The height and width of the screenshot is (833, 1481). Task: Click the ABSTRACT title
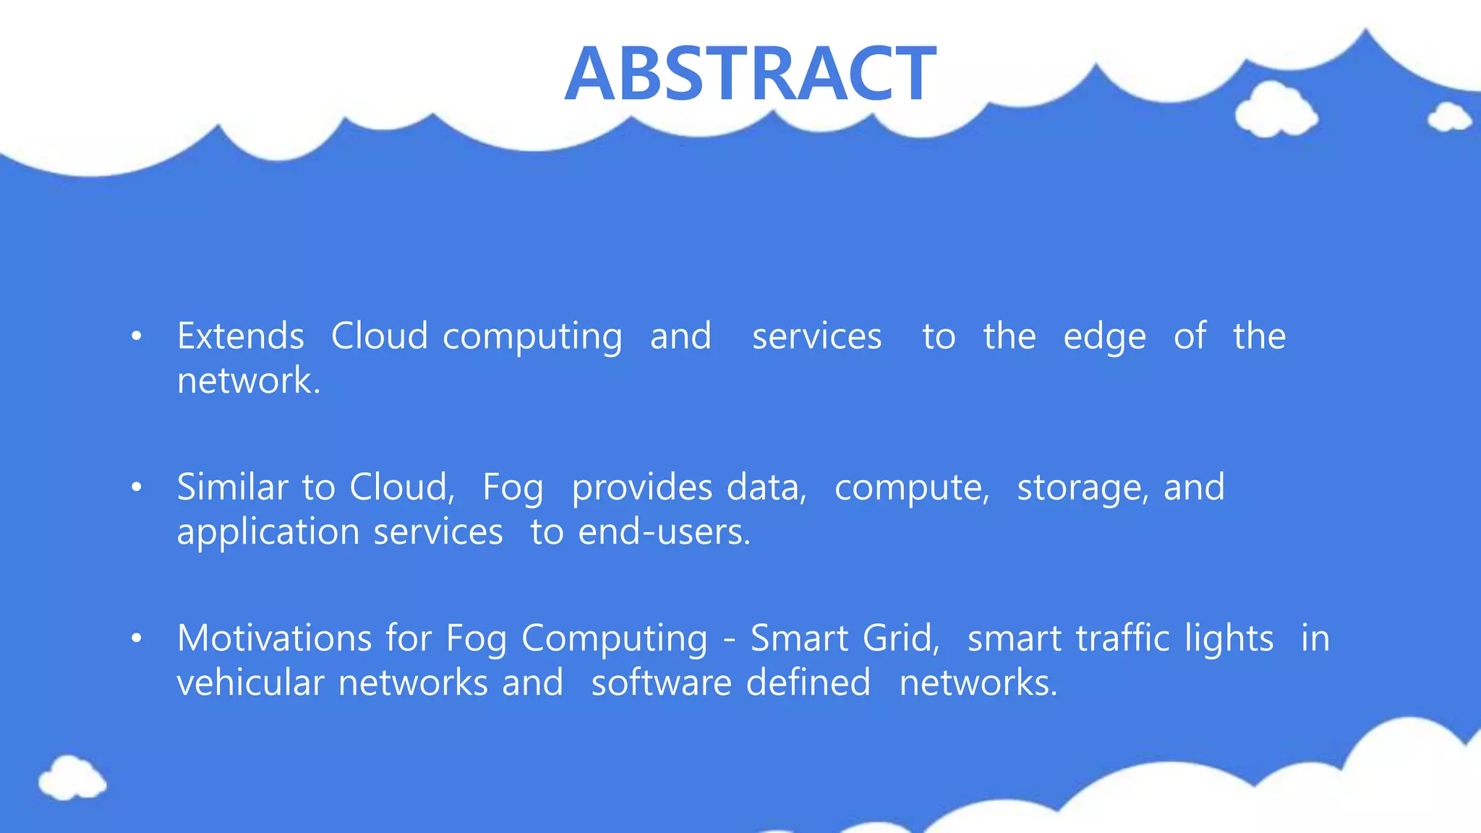750,74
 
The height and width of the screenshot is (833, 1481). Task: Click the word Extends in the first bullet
240,336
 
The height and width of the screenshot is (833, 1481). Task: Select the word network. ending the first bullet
249,381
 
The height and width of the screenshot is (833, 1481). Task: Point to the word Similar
232,487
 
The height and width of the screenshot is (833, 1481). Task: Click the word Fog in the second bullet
513,488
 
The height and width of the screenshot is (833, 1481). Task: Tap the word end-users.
665,533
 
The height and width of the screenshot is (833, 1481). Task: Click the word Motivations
274,638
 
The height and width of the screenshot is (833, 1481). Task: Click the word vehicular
250,683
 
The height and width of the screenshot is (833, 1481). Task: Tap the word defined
808,683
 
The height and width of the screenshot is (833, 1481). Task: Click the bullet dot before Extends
136,336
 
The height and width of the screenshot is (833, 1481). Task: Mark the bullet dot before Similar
136,487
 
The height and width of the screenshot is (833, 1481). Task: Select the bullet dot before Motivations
136,638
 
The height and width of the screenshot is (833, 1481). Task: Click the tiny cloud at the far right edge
1449,117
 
